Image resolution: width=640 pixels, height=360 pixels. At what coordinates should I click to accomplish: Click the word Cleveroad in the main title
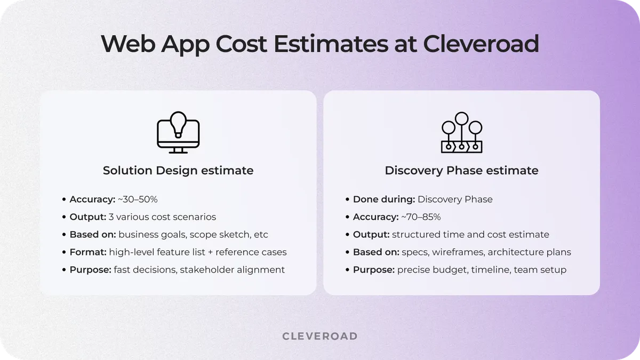[481, 44]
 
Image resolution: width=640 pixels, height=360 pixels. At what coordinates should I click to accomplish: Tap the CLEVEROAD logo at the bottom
[319, 336]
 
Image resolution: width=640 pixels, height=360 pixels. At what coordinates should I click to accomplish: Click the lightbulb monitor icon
[178, 133]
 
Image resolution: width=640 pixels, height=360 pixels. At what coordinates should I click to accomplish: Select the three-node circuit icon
[461, 133]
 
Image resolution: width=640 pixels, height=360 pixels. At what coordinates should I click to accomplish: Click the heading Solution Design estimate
[178, 171]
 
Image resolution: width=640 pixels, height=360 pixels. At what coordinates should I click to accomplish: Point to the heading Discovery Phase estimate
[461, 171]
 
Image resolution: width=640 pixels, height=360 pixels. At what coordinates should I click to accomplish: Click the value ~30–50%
[138, 199]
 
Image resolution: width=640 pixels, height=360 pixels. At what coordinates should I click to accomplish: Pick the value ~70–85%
[421, 217]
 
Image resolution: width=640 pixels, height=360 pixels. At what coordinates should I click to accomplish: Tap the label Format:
[88, 252]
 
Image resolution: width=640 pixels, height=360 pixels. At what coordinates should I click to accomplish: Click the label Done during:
[384, 199]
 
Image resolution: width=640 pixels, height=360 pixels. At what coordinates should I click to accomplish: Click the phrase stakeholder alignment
[232, 270]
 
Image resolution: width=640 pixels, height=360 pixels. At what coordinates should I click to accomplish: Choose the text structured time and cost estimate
[470, 235]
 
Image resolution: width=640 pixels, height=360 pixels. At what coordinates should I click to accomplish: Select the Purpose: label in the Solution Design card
[91, 270]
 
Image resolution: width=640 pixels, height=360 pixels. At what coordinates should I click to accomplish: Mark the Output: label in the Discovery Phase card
[371, 235]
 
